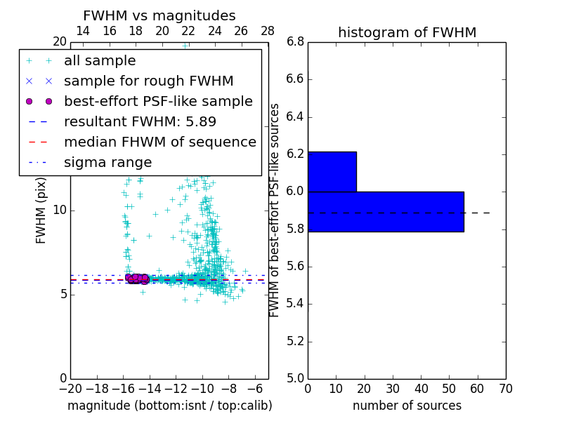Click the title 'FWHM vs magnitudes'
tap(159, 15)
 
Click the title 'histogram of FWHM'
tap(407, 32)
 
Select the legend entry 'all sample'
tap(100, 61)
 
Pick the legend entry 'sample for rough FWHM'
tap(148, 81)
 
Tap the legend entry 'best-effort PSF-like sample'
tap(158, 102)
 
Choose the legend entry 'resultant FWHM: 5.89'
tap(140, 122)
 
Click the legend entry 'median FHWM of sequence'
tap(159, 142)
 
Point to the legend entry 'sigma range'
tap(107, 163)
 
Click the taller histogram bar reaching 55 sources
tap(386, 211)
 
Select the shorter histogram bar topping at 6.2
tap(332, 171)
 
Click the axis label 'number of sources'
tap(407, 406)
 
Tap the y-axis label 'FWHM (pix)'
tap(41, 210)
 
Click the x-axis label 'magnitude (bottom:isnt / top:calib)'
tap(169, 406)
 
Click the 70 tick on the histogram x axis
tap(506, 388)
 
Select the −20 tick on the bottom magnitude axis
tap(70, 388)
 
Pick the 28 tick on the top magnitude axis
tap(268, 31)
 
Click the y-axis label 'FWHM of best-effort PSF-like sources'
tap(275, 210)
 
